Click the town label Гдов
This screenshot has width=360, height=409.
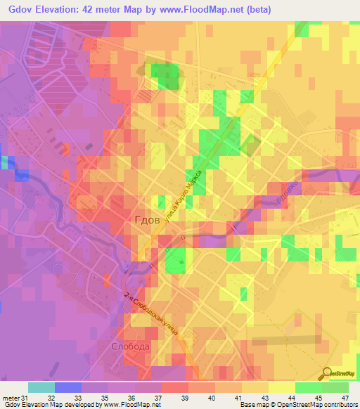click(x=148, y=219)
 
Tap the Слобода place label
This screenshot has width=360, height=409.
click(x=130, y=347)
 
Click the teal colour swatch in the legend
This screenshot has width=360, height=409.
click(x=41, y=387)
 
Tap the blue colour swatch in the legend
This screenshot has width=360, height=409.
click(x=68, y=387)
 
